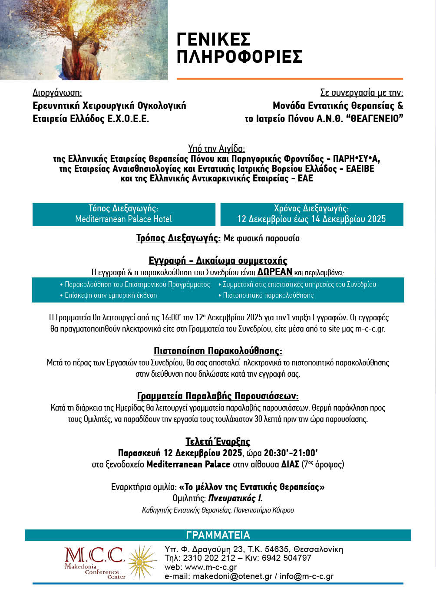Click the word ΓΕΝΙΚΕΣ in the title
tap(213, 39)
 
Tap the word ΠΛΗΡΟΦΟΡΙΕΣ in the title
tap(239, 57)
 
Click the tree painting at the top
tap(84, 40)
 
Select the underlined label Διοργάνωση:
tap(57, 92)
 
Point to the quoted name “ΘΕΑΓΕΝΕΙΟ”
tap(374, 118)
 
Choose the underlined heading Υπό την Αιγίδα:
tap(216, 149)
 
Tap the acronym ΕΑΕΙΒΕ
tap(360, 169)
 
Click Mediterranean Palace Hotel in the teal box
tap(123, 219)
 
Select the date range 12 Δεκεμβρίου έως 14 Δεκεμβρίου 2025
tap(311, 219)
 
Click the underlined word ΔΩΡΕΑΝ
tap(274, 272)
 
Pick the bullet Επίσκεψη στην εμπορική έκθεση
tap(111, 295)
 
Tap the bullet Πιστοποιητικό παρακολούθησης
tap(268, 295)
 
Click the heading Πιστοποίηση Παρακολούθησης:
tap(218, 351)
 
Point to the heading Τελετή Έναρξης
tap(218, 441)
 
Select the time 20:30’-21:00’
tap(291, 453)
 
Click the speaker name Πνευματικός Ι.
tap(235, 498)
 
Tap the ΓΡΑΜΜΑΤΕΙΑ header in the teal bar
tap(218, 535)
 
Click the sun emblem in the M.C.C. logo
tap(142, 562)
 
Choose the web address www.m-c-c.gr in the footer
tap(211, 567)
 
